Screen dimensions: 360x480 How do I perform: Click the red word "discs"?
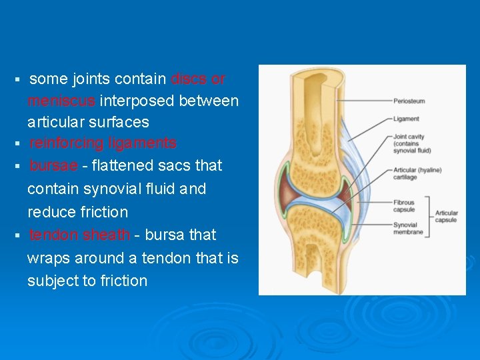[189, 79]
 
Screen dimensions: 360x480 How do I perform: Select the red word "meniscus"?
[62, 101]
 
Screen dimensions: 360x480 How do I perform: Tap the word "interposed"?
[138, 101]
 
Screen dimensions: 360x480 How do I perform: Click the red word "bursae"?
[53, 165]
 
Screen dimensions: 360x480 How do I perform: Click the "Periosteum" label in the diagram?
[409, 101]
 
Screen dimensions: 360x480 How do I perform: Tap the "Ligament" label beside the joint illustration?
[406, 119]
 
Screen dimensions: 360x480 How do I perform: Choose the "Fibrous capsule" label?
[404, 206]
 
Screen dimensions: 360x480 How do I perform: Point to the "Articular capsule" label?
[447, 217]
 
